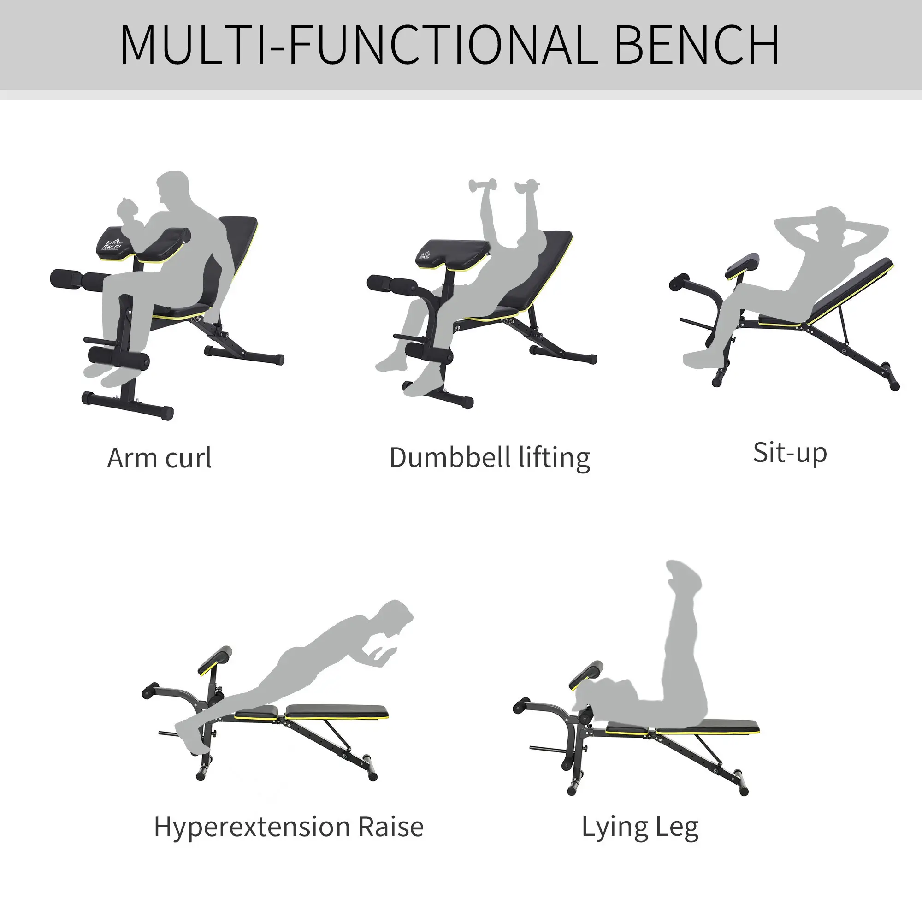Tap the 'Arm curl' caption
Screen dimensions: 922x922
(160, 458)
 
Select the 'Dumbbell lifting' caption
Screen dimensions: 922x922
(490, 458)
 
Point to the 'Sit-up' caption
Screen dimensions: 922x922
(790, 453)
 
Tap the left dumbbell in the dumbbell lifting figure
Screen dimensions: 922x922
(483, 185)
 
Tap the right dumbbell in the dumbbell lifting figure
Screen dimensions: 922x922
(527, 186)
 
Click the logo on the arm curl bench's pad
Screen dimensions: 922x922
(113, 243)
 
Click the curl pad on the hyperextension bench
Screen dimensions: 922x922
(215, 660)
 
